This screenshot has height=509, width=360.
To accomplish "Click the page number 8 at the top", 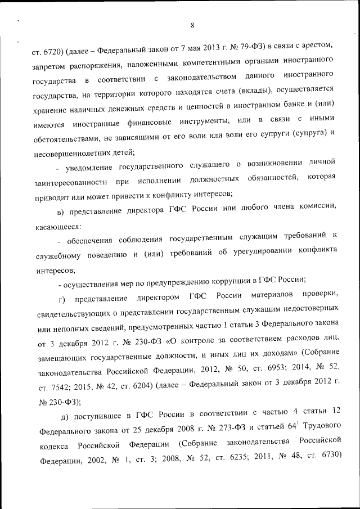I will click(x=192, y=25).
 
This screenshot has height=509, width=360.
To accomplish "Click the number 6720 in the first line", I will click(x=49, y=53).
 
